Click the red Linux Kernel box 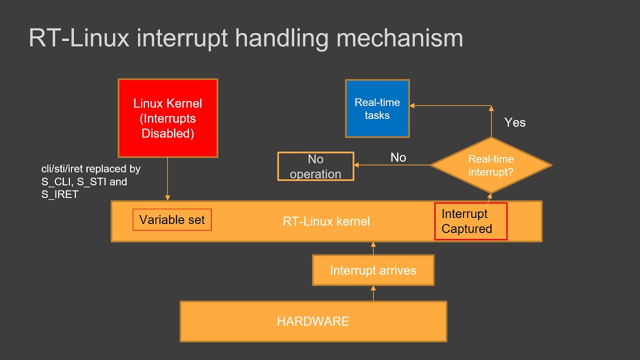167,118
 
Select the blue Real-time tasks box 377,108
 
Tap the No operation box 315,166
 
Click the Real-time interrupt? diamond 490,165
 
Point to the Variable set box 172,220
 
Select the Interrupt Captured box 470,221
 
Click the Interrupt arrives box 373,270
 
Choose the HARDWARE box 313,321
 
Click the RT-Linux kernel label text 326,221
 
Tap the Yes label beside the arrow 514,122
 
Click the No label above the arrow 398,157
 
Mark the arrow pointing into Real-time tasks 450,105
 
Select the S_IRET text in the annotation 60,195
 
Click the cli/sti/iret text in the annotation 63,169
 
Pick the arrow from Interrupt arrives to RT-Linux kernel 373,248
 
